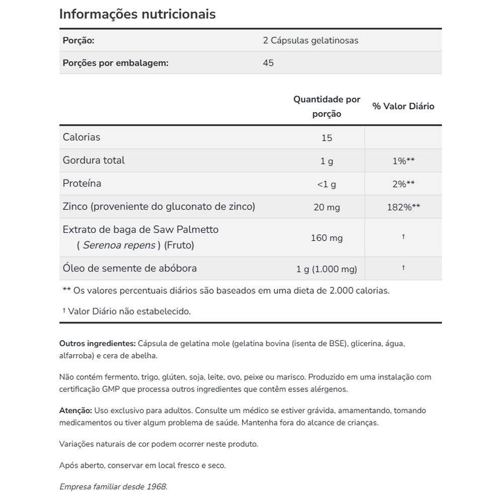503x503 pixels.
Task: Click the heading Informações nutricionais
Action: (x=137, y=14)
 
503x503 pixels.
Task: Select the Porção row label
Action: (x=78, y=40)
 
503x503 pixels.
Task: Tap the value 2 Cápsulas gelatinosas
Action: (x=310, y=40)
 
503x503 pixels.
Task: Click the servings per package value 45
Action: (x=268, y=63)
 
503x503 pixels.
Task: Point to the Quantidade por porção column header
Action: (x=327, y=107)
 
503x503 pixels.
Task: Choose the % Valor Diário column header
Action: (x=403, y=106)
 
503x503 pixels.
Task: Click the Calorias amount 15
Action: (x=327, y=138)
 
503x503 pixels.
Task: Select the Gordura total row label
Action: (x=94, y=160)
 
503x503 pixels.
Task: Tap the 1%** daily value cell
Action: (x=403, y=161)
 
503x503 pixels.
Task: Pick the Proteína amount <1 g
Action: (x=327, y=184)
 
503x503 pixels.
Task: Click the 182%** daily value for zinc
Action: (x=403, y=207)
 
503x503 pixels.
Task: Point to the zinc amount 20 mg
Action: (x=327, y=207)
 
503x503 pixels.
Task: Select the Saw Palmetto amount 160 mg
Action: (x=327, y=237)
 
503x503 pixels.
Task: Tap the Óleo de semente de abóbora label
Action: (x=130, y=268)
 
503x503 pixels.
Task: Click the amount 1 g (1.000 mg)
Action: (x=327, y=269)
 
